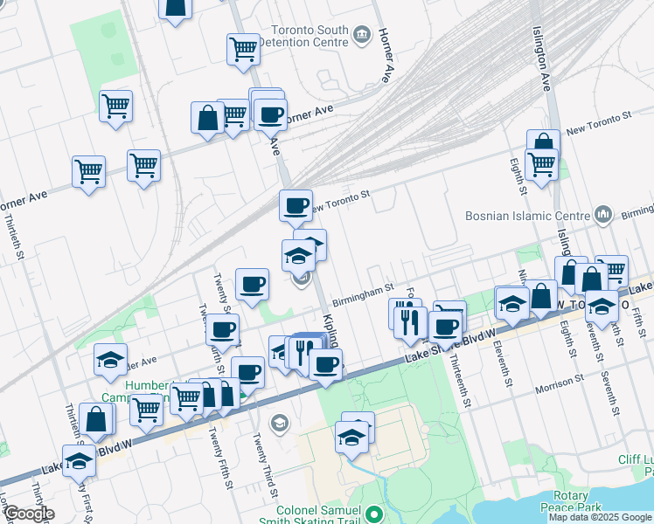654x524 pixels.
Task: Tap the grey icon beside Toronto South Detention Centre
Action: click(362, 36)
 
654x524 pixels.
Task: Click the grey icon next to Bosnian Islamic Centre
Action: click(602, 214)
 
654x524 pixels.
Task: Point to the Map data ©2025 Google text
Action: click(600, 517)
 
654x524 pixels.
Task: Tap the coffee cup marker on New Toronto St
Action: click(296, 205)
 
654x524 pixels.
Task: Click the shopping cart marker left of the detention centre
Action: click(242, 48)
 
